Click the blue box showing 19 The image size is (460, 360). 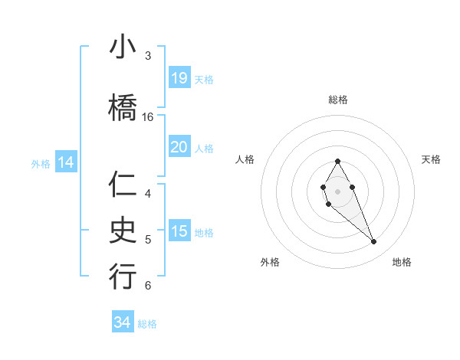click(179, 78)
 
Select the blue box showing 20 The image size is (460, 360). click(179, 147)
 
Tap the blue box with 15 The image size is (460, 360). click(179, 231)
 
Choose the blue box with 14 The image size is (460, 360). click(65, 162)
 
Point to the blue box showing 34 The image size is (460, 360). click(123, 322)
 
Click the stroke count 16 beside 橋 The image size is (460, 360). click(148, 117)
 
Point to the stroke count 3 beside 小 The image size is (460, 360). click(147, 56)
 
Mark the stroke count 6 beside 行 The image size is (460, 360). click(147, 286)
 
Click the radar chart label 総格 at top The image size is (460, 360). click(337, 100)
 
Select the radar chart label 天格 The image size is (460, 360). click(431, 159)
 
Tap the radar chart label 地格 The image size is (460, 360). click(402, 262)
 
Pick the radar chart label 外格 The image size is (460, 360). click(270, 262)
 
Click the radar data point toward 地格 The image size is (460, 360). click(374, 242)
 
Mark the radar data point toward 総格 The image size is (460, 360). click(337, 161)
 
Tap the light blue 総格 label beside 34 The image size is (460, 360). click(147, 324)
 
